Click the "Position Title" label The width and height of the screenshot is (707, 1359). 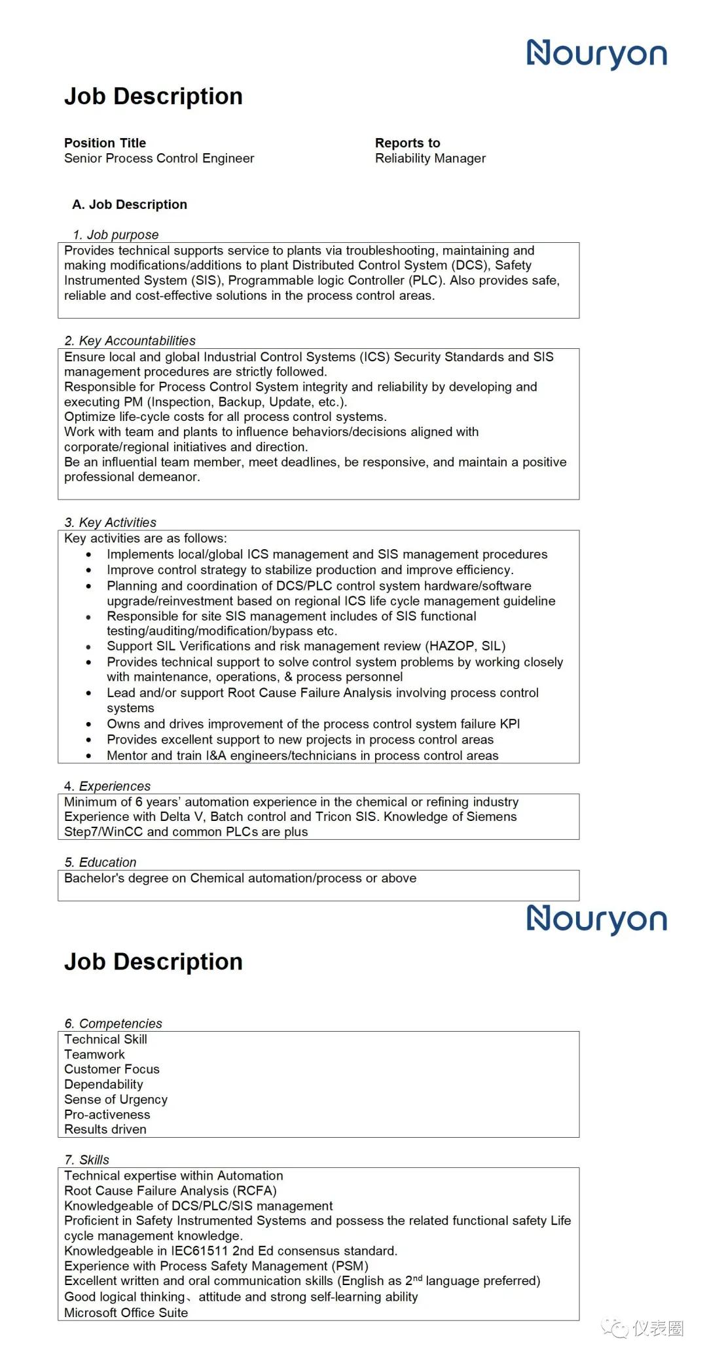[x=105, y=143]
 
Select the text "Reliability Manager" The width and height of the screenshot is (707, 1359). [x=430, y=158]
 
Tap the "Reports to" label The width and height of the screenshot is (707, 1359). [x=407, y=143]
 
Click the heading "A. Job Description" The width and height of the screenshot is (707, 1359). [x=130, y=204]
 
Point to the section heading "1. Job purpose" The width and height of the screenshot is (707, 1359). [x=116, y=234]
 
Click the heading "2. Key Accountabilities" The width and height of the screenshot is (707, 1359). [x=130, y=340]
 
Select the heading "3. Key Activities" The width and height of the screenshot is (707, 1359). [x=111, y=522]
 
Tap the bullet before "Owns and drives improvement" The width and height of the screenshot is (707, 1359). [x=89, y=724]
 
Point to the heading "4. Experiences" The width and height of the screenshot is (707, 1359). [x=107, y=786]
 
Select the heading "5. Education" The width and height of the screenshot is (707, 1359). [x=101, y=862]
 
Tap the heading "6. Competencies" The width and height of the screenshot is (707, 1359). [x=113, y=1023]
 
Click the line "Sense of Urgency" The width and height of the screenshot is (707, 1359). [x=116, y=1099]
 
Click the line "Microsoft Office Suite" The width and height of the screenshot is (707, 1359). [x=126, y=1313]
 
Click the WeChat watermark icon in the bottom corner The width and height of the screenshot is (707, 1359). [x=615, y=1328]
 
